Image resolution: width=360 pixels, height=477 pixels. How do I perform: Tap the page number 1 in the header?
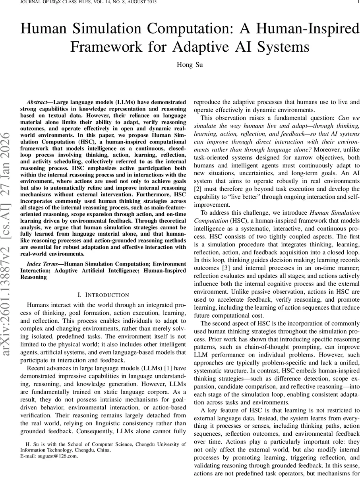click(x=358, y=2)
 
